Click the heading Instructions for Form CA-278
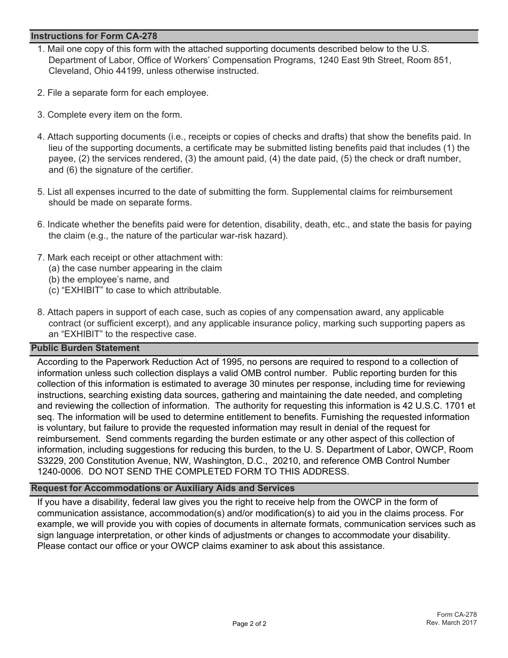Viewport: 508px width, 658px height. pyautogui.click(x=94, y=36)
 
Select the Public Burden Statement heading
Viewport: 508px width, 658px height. pyautogui.click(x=85, y=348)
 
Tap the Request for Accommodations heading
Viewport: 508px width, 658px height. pyautogui.click(x=163, y=488)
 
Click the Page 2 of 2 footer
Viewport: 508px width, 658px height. pyautogui.click(x=249, y=624)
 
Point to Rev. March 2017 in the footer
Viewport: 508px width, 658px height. pyautogui.click(x=451, y=623)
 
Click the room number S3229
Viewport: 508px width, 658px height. pyautogui.click(x=52, y=461)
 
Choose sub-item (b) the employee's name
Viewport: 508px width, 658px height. pyautogui.click(x=109, y=279)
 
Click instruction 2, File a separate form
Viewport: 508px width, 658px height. pyautogui.click(x=123, y=93)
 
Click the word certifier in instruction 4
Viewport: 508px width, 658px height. pyautogui.click(x=173, y=170)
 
